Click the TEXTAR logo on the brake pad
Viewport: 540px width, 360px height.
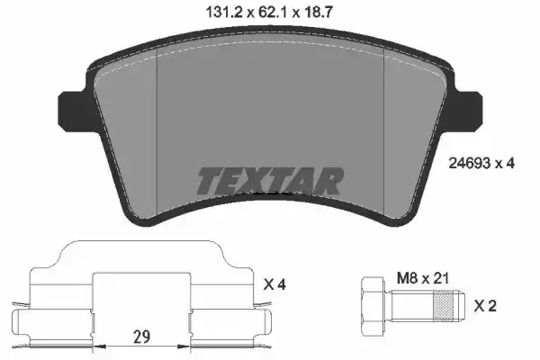[x=269, y=181]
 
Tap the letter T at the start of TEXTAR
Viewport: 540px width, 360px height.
[x=206, y=181]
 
